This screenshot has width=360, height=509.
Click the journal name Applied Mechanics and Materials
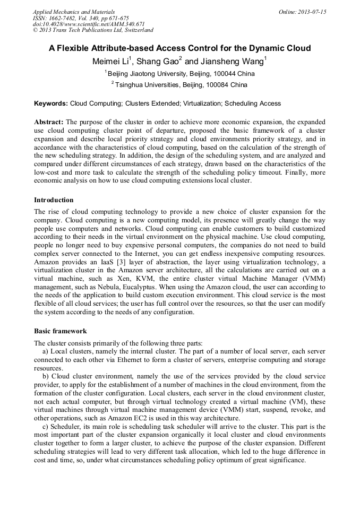(74, 11)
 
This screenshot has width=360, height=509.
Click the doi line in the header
(89, 24)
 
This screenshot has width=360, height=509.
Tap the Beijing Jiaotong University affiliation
(154, 74)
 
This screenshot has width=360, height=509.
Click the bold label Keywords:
(51, 103)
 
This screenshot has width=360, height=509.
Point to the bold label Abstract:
(49, 122)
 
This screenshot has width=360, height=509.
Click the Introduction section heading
(54, 200)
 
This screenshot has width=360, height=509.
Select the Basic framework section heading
(60, 331)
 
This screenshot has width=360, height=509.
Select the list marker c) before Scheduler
(46, 427)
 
